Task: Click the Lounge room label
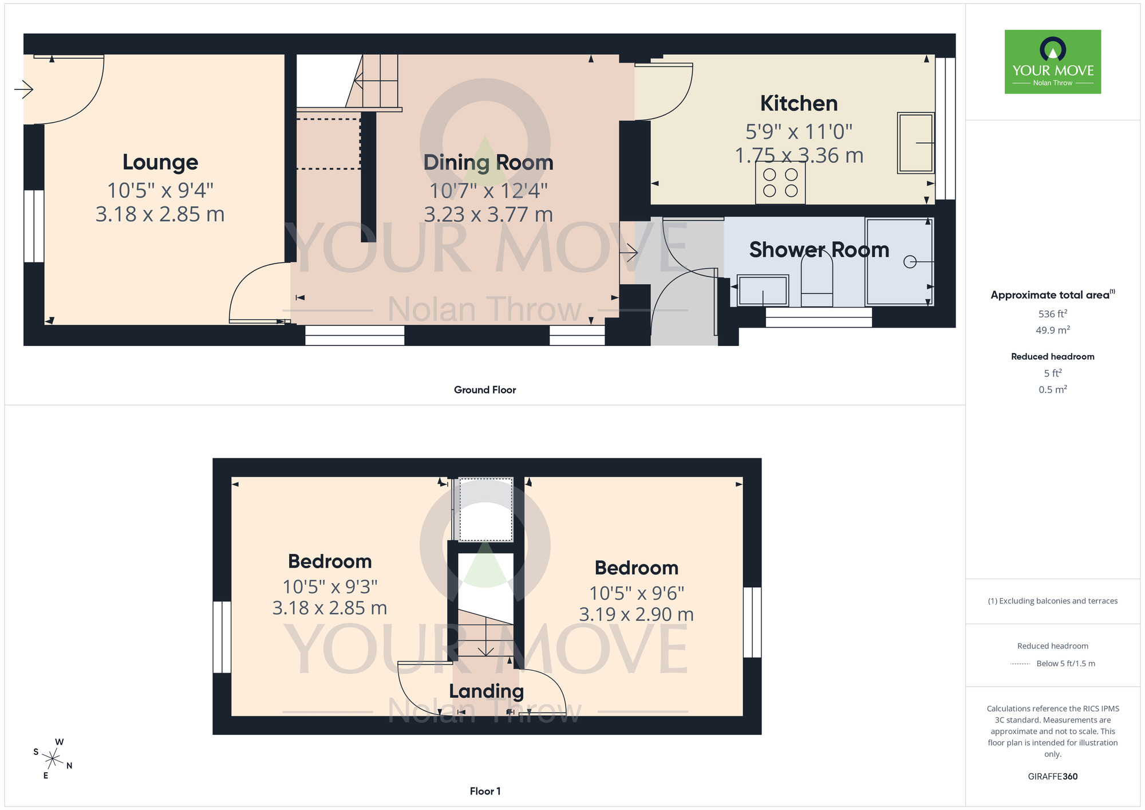point(160,162)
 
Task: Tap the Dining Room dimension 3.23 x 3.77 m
point(488,215)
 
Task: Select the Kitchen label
point(799,104)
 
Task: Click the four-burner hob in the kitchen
point(780,183)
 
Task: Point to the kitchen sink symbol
point(915,143)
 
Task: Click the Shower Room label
point(819,250)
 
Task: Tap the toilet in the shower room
point(817,280)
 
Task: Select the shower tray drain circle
point(910,262)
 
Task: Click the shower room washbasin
point(763,290)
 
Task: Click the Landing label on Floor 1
point(486,691)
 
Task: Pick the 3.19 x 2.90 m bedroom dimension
point(636,615)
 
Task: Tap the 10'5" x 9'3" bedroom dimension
point(330,587)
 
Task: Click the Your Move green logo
point(1052,62)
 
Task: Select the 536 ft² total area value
point(1052,314)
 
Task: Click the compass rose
point(53,759)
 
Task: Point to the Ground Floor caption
point(485,390)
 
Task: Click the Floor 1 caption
point(485,791)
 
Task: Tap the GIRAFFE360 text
point(1052,777)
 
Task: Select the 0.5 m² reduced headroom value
point(1052,390)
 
